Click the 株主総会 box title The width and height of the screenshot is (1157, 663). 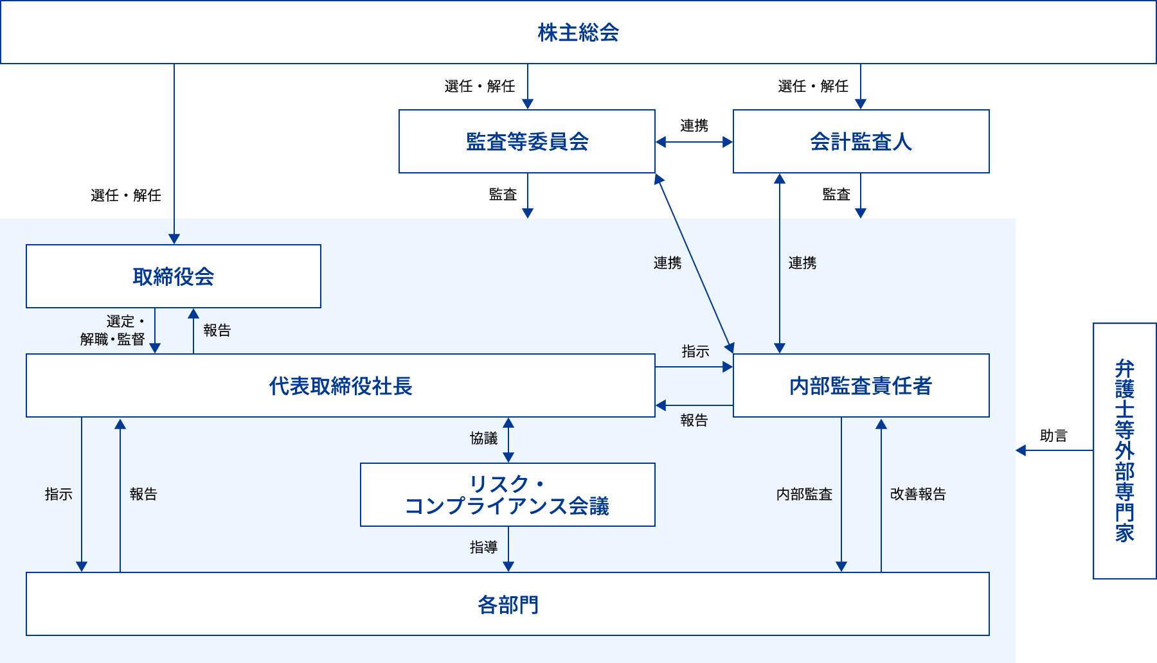[578, 32]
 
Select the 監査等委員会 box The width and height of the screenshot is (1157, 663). [527, 141]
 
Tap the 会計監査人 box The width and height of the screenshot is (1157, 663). [861, 141]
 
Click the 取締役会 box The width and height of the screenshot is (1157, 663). [174, 276]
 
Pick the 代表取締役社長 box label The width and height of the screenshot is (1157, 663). [341, 385]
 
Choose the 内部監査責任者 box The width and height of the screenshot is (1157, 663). [861, 385]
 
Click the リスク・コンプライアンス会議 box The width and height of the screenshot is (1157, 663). [508, 495]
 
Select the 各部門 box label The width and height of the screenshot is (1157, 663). [508, 604]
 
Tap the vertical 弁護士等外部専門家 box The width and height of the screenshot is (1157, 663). [1124, 450]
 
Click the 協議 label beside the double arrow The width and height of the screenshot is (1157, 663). [483, 438]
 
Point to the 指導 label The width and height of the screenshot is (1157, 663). [483, 547]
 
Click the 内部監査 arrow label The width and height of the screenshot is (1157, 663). [804, 494]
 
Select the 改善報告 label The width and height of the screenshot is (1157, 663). [918, 494]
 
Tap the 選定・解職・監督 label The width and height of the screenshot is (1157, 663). [114, 330]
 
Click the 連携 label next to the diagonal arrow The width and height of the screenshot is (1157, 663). [667, 263]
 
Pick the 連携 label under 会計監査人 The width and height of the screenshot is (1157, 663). [802, 263]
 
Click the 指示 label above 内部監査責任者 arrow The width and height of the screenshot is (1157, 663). [695, 351]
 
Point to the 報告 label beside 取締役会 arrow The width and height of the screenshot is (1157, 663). [217, 330]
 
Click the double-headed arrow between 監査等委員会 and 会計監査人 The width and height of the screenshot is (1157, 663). [694, 142]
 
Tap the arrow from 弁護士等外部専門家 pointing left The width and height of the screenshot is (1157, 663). [1054, 450]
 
